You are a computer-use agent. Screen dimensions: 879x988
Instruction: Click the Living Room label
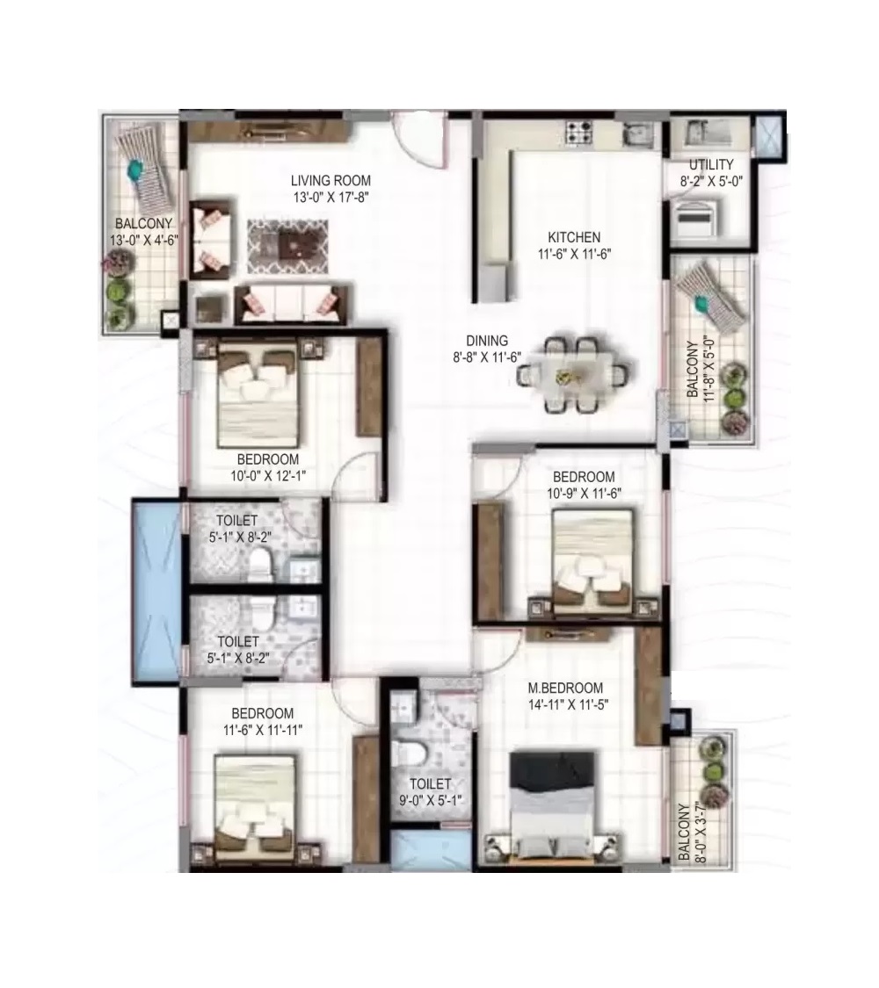[331, 181]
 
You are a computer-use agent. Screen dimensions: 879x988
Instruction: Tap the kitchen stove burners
[578, 133]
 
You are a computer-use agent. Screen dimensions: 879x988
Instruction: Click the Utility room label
[710, 165]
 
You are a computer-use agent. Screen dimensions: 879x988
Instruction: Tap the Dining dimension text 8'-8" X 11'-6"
[487, 357]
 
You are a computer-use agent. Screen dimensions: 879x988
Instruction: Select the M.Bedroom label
[565, 688]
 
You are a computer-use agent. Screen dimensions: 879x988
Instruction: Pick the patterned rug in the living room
[287, 246]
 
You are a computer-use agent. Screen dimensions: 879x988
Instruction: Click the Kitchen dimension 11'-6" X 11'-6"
[574, 255]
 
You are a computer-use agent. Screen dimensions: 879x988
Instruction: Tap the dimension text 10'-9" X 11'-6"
[584, 494]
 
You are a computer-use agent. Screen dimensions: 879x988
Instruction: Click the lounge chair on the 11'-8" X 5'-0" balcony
[708, 298]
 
